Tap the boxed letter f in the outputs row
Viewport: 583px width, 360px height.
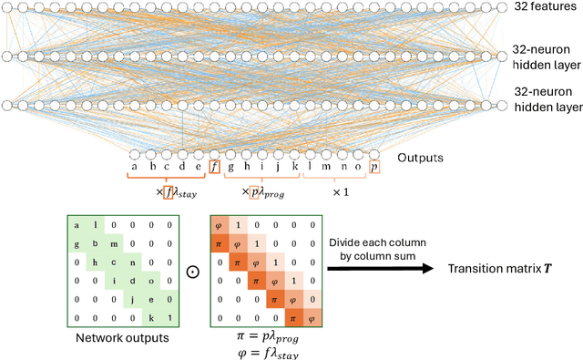[x=215, y=168]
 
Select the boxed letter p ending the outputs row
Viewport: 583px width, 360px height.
[x=375, y=168]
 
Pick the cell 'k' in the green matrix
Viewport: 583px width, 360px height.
[x=153, y=314]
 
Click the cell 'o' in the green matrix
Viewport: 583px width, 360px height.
[x=153, y=278]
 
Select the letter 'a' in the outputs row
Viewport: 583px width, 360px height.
[x=134, y=168]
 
